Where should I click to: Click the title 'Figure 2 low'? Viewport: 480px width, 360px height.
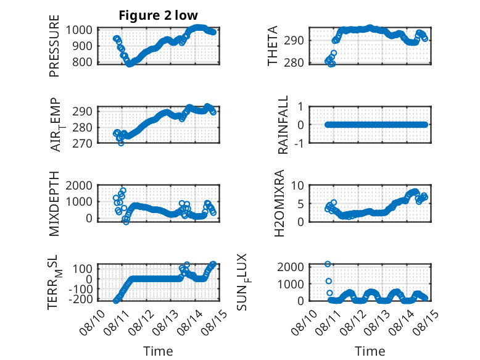159,15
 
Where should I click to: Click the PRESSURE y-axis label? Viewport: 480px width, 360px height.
54,46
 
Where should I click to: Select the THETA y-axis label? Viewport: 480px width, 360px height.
272,46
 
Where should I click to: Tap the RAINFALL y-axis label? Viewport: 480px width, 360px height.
283,124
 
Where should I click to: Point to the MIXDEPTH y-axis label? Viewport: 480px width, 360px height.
54,204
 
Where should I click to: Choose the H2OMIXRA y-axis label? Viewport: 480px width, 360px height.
279,203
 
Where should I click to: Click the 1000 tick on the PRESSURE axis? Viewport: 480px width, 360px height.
79,30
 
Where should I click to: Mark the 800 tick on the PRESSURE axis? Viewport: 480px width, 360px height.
82,62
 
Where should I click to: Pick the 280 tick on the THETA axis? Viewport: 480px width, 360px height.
294,62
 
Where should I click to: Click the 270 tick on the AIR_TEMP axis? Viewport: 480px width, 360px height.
82,143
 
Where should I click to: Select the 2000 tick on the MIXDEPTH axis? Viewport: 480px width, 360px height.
79,185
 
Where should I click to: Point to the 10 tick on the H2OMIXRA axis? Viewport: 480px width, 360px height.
297,185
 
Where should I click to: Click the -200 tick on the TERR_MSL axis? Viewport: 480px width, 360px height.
81,299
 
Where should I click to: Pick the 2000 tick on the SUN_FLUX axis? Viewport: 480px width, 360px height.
291,267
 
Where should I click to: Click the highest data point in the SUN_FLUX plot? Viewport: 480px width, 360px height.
328,264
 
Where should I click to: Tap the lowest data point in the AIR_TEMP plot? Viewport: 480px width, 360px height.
121,143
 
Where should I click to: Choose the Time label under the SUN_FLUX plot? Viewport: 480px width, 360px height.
370,351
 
